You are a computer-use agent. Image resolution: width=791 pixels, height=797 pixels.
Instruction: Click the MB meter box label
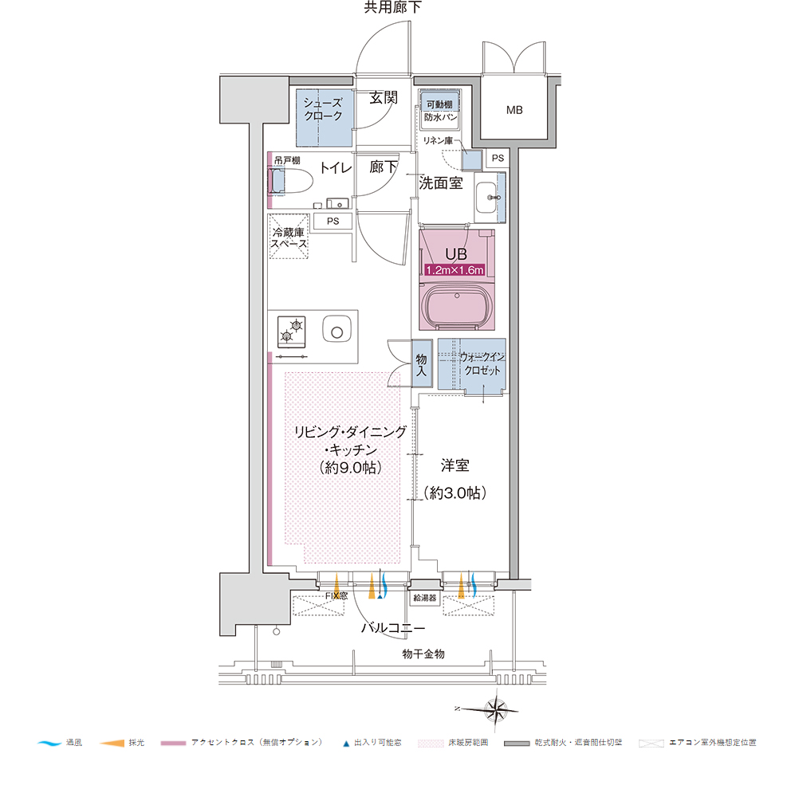[514, 110]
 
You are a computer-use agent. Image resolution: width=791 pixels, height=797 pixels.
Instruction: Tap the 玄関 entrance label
[384, 97]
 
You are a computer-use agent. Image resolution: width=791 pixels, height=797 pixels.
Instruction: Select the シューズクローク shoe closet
[324, 118]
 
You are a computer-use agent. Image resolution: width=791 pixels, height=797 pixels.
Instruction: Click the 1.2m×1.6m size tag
[455, 270]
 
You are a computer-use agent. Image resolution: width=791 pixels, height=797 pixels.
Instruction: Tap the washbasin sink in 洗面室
[488, 197]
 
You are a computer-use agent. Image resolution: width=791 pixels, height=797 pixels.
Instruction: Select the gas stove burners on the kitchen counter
[292, 332]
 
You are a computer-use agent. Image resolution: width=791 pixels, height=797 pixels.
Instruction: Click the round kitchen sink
[336, 331]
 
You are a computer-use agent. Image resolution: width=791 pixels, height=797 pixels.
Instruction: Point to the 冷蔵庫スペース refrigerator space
[289, 237]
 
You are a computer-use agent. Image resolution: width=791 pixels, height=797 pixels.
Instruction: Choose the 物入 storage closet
[422, 364]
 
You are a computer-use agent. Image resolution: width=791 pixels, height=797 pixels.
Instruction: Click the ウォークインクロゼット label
[482, 364]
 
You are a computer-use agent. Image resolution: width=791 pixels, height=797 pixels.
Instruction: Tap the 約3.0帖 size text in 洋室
[455, 493]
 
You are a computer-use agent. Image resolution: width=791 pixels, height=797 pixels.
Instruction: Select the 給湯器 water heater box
[425, 598]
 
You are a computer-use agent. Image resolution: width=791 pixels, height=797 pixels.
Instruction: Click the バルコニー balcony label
[393, 628]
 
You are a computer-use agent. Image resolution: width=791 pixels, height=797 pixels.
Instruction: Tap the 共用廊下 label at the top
[392, 7]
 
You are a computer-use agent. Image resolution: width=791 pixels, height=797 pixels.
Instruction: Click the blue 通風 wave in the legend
[49, 743]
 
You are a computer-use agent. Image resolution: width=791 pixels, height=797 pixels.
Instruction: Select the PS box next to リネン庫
[498, 158]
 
